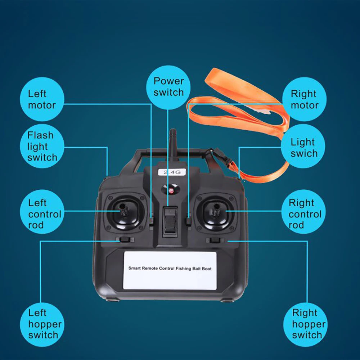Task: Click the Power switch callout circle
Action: pos(168,87)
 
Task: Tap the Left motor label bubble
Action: pos(42,99)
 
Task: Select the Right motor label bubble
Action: pos(305,99)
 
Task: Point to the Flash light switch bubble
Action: pos(42,147)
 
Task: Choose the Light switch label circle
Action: pos(304,147)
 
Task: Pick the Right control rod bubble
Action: pos(305,214)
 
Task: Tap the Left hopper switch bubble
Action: pos(43,324)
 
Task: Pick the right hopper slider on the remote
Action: pos(215,240)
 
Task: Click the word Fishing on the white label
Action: pos(188,268)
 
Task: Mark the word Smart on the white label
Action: pos(135,268)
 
